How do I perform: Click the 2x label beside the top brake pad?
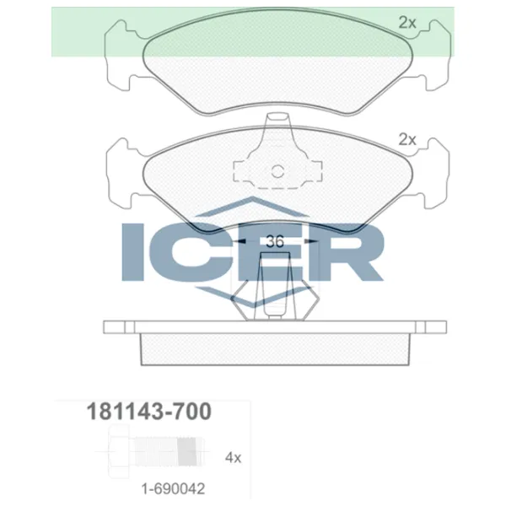point(407,24)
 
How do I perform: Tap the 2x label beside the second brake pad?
point(407,140)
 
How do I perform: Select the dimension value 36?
point(273,241)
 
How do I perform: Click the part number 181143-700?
point(149,412)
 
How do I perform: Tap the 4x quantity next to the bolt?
point(233,458)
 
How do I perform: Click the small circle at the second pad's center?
point(277,172)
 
